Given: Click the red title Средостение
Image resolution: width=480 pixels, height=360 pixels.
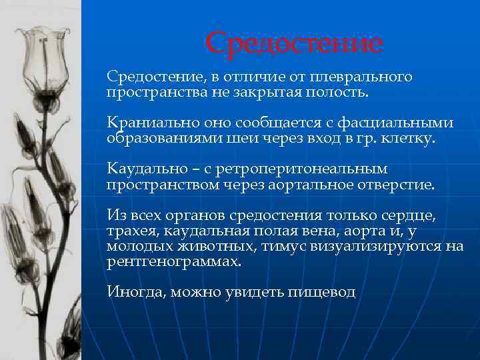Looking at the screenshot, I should pos(294,44).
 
